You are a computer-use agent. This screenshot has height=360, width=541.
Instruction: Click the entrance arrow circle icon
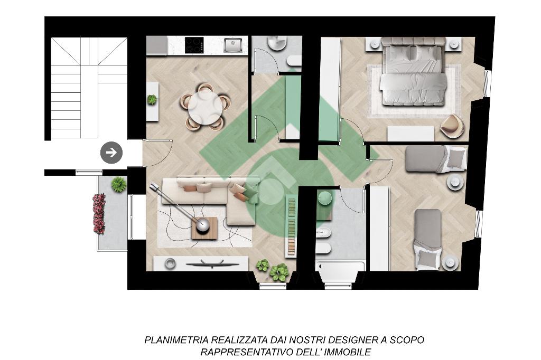tap(111, 153)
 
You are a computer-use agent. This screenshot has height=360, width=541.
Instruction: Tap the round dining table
tap(206, 107)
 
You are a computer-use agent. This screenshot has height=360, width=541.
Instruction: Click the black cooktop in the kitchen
tap(194, 45)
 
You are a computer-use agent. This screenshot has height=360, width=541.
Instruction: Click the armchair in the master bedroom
tap(453, 127)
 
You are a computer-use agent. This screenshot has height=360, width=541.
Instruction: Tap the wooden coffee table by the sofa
tap(204, 228)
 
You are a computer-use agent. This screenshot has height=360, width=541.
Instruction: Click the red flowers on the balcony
tap(99, 214)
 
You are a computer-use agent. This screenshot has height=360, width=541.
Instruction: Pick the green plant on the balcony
tap(119, 184)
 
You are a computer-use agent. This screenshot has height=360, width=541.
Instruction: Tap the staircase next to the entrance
tap(89, 88)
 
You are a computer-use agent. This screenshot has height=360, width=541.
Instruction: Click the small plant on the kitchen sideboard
tap(152, 100)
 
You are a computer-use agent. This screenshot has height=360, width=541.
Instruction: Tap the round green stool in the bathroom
tap(325, 199)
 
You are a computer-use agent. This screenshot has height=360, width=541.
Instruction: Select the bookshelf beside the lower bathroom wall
tap(292, 225)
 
